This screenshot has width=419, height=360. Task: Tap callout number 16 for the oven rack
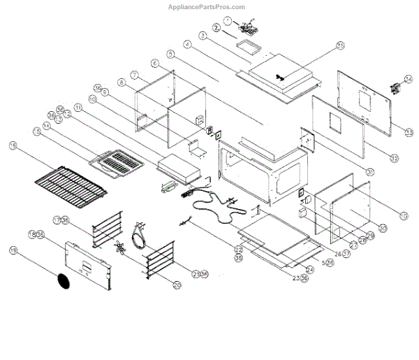(13, 145)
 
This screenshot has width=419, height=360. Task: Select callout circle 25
(340, 46)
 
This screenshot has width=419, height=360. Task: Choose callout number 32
(395, 159)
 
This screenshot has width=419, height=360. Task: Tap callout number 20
(177, 285)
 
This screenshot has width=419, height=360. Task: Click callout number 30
(383, 228)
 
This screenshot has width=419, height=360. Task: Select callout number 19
(13, 250)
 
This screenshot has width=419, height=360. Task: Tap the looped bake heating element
(215, 208)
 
